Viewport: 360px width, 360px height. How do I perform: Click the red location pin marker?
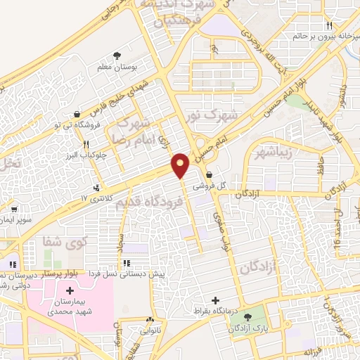181,165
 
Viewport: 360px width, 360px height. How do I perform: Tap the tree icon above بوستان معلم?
116,56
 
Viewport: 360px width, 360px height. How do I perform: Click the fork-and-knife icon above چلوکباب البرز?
85,146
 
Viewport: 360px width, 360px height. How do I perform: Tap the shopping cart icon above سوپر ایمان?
13,209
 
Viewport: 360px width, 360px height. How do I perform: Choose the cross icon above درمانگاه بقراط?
215,300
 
